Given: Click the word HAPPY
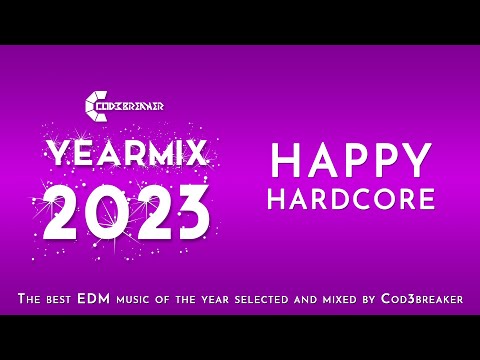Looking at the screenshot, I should point(351,161).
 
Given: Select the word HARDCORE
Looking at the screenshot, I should point(351,198).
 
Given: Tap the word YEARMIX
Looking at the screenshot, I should point(127,153).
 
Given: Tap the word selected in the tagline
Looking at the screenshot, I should point(277,299).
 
